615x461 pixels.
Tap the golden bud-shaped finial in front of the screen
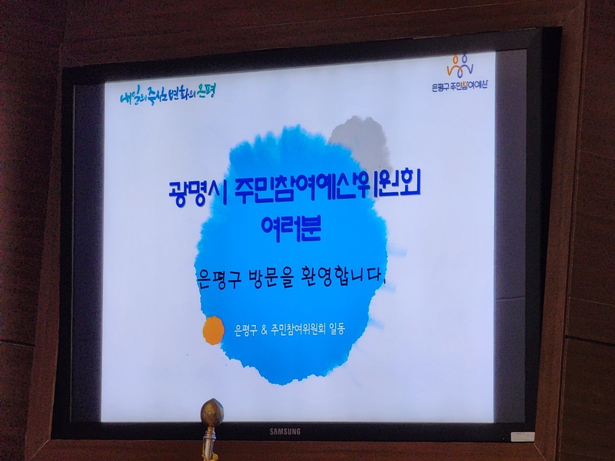(x=212, y=412)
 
